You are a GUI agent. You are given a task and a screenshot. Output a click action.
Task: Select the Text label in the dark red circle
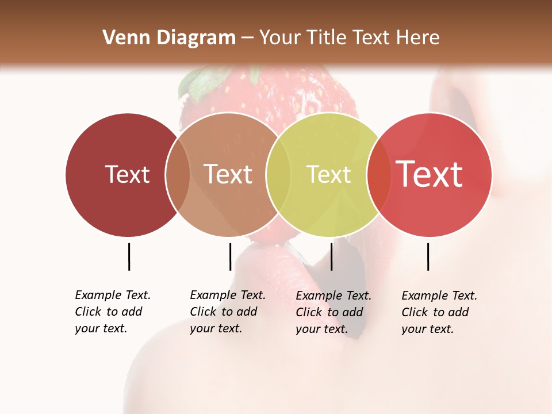tap(127, 174)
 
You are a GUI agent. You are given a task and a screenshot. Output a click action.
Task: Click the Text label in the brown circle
tap(228, 174)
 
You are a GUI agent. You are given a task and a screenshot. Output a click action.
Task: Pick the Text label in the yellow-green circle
tap(328, 174)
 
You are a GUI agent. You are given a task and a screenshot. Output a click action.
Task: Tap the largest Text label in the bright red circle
tap(429, 174)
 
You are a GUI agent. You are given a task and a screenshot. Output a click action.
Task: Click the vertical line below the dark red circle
tap(129, 256)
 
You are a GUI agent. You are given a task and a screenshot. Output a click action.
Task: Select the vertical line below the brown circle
tap(230, 256)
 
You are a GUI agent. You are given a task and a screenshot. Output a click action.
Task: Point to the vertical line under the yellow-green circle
tap(331, 256)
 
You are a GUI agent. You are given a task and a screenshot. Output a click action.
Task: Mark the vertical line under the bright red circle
tap(428, 256)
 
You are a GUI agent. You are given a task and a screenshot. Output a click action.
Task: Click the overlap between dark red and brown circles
tap(178, 174)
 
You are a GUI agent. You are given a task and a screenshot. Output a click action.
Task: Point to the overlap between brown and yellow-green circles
tap(273, 174)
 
